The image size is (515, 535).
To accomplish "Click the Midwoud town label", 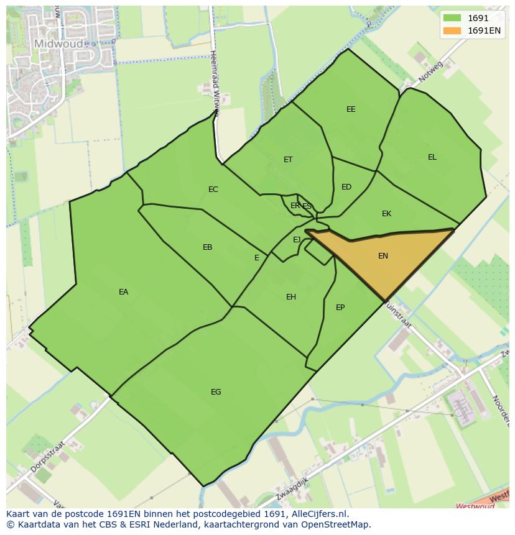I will pos(58,43).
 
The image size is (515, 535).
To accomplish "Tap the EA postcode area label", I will pos(123,292).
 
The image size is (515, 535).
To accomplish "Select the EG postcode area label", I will pos(216,392).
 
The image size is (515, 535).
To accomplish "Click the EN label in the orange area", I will pos(383,256).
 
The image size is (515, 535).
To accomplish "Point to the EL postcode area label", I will pos(432,157).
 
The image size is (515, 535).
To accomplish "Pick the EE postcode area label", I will pos(351,109).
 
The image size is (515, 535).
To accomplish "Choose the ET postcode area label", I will pos(288,160).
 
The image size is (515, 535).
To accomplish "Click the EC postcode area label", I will pos(213,190).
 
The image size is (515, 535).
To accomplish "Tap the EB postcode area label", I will pos(208,247).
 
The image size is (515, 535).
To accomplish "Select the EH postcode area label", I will pos(291,297).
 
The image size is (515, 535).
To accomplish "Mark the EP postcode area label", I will pos(340,308).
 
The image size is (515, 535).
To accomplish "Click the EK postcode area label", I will pos(386,214).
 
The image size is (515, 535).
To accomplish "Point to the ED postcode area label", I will pos(346,187).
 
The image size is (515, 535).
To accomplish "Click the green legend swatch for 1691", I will pos(452,18).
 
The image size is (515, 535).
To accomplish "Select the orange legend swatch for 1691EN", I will pos(452,30).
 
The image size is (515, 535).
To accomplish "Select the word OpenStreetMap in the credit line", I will pos(336,524).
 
